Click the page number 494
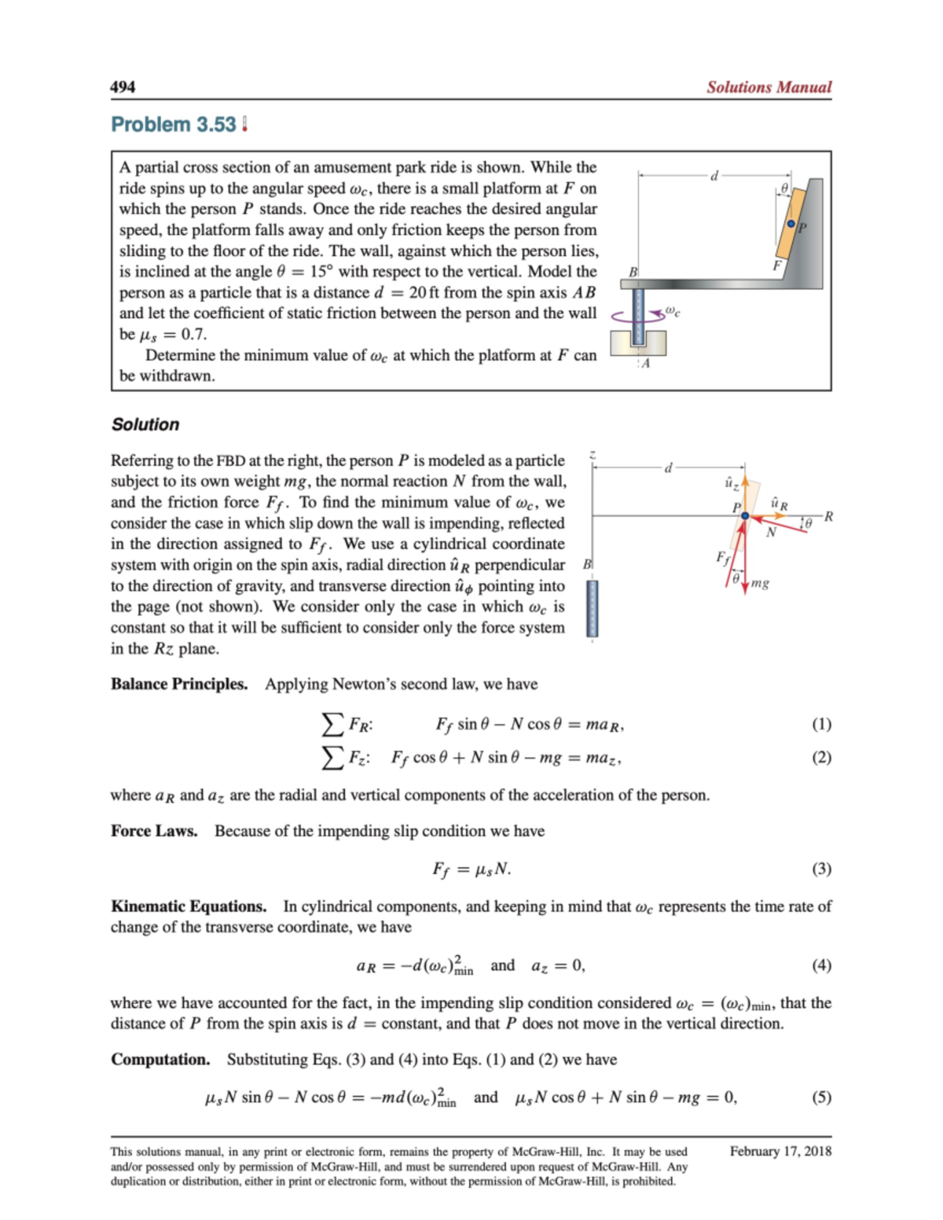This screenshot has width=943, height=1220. tap(123, 87)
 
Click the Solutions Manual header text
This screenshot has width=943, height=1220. tap(768, 87)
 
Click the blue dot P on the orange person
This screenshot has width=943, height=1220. tap(791, 224)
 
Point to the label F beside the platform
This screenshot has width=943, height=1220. tap(776, 266)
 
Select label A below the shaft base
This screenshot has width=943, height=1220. tap(645, 364)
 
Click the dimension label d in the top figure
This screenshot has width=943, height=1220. tap(714, 176)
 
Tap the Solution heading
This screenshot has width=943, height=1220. tap(145, 425)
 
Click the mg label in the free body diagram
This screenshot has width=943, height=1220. tap(760, 583)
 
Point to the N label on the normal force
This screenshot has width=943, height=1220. tap(771, 533)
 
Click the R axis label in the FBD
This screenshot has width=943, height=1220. tap(828, 516)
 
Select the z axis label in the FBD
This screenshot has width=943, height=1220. tap(593, 455)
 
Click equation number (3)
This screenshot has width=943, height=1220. tap(821, 869)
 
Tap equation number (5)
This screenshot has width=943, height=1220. tap(821, 1097)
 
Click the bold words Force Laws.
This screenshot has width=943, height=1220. tap(154, 831)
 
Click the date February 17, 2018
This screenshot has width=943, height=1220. tap(780, 1152)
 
